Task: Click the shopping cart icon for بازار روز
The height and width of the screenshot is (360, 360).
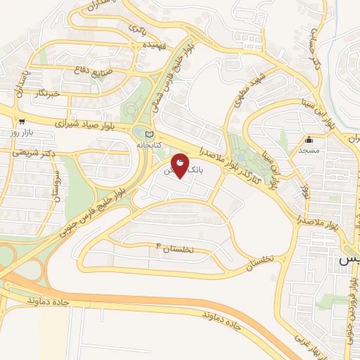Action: coord(22,121)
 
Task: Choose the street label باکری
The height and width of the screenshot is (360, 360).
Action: coord(136,27)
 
